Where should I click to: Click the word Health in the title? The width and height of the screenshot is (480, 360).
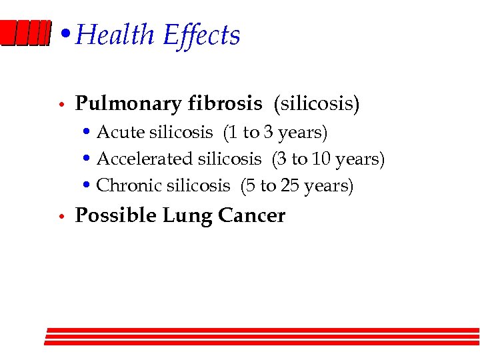point(116,35)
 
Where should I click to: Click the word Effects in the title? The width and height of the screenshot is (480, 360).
point(201,35)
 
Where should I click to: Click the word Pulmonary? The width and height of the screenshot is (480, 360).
point(128,104)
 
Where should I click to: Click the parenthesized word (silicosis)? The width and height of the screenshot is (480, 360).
point(316,104)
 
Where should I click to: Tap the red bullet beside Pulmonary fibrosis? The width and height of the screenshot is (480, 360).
point(60,105)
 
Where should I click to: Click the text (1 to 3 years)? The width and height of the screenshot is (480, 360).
point(275,133)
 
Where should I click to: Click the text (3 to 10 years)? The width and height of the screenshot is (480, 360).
point(328,159)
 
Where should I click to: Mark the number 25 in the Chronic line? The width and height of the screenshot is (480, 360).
point(290,186)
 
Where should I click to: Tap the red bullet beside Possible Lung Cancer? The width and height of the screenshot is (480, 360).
point(60,217)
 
